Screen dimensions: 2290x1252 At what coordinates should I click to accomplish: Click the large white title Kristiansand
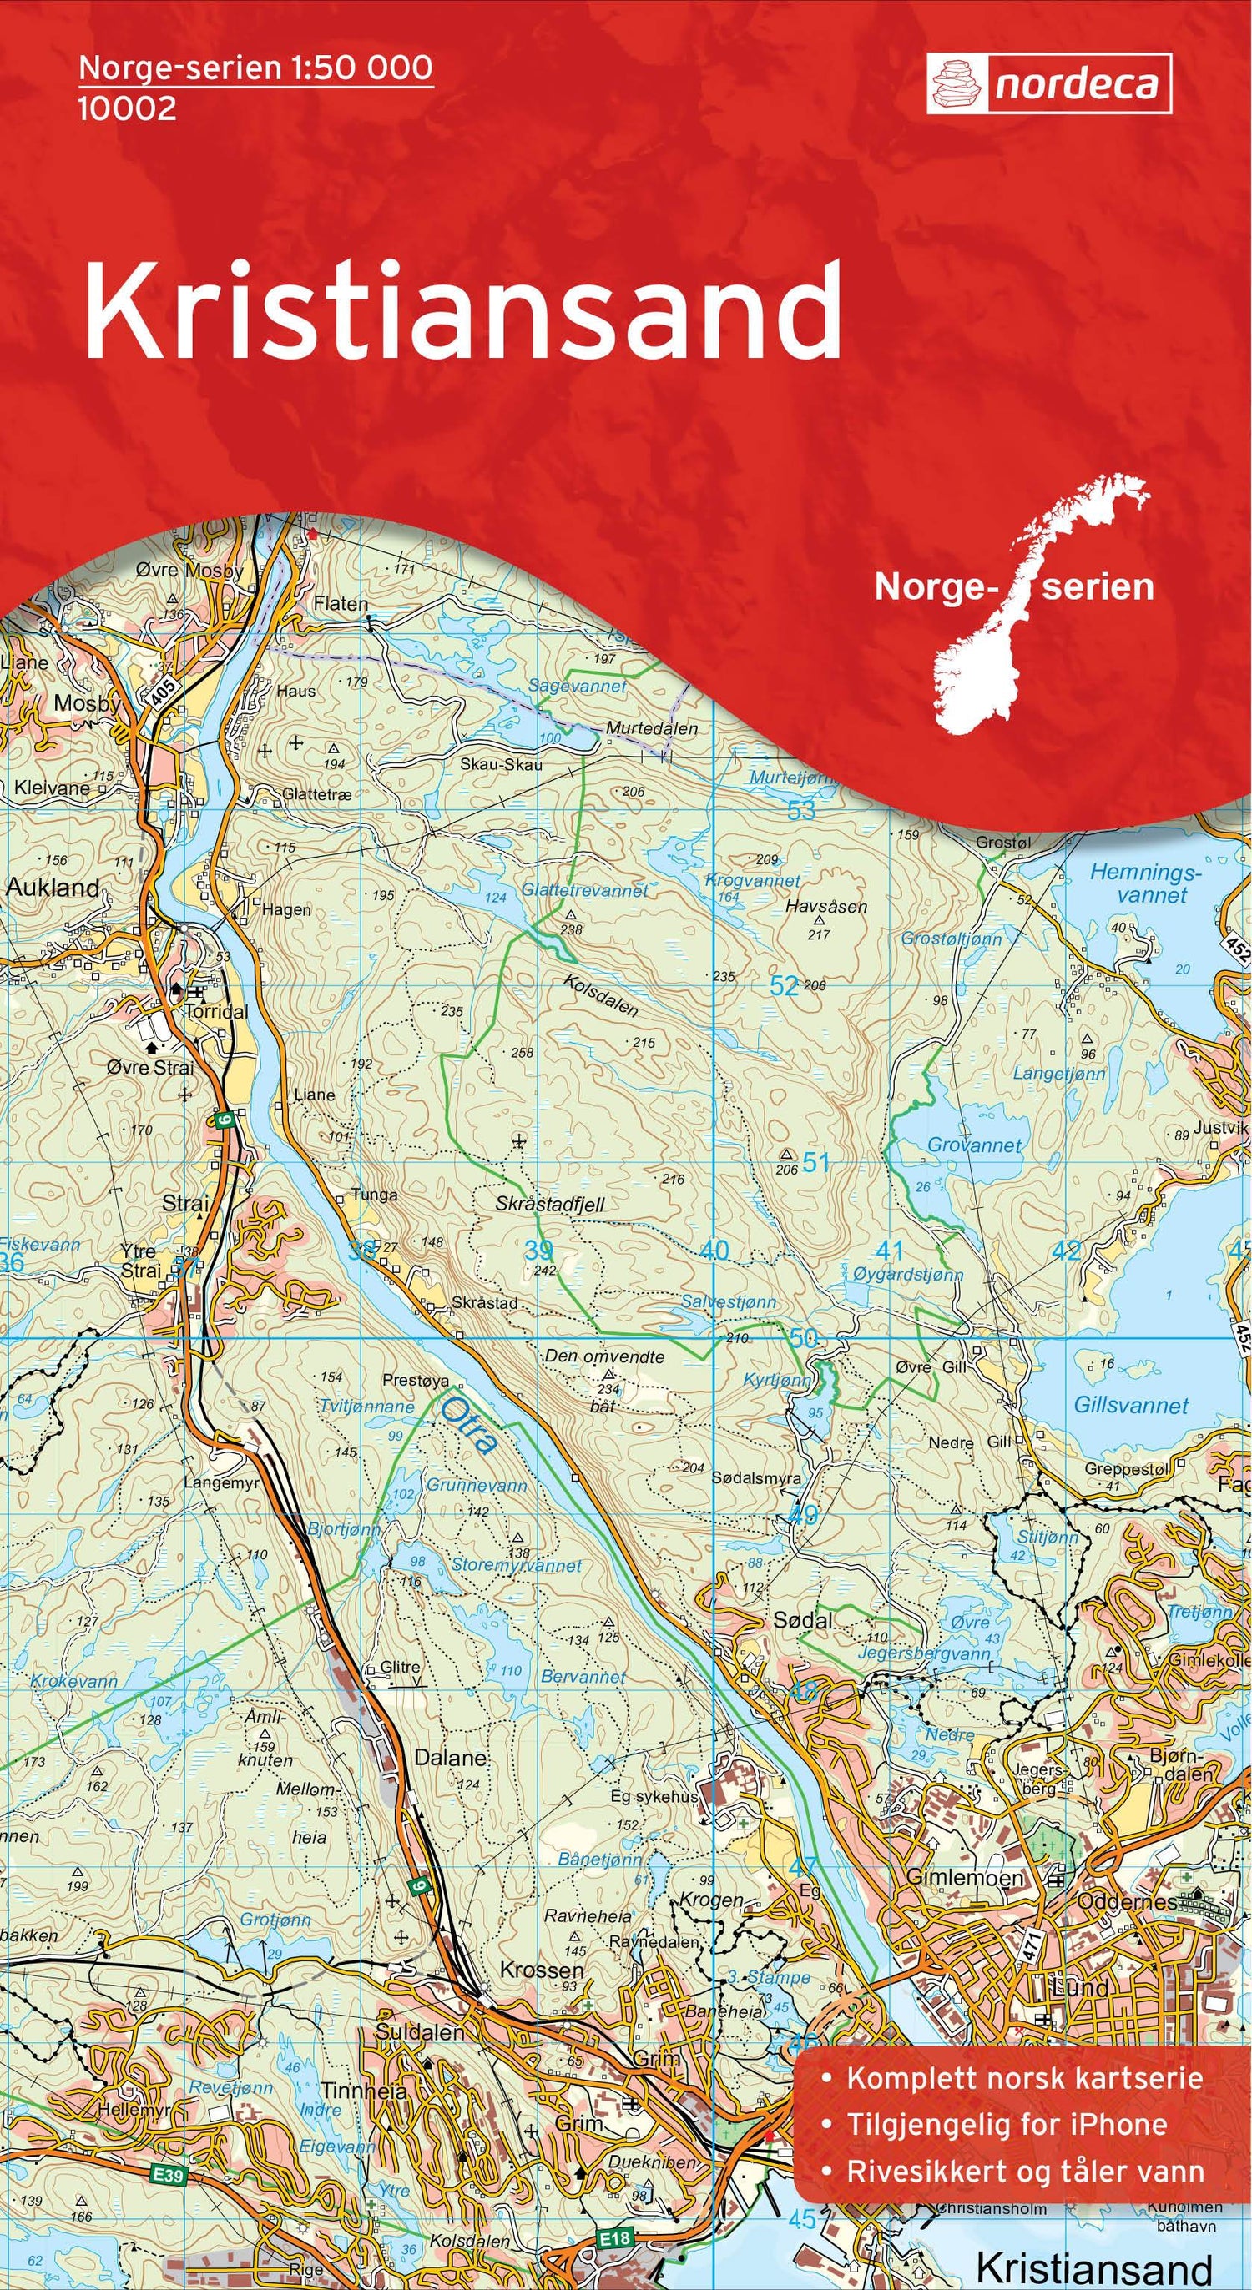coord(462,311)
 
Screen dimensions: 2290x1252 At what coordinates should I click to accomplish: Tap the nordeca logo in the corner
coord(1048,85)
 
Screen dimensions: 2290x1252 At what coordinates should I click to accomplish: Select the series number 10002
coord(127,109)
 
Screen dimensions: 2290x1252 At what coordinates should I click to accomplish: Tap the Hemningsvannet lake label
coord(1146,883)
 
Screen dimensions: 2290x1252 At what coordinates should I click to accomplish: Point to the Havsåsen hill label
coord(826,908)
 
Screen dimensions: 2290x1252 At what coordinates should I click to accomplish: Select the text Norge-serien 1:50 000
coord(256,68)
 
